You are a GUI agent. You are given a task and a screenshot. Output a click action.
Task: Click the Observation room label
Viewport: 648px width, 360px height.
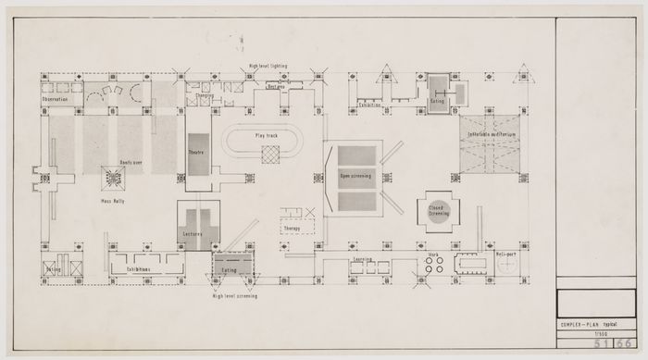(x=57, y=100)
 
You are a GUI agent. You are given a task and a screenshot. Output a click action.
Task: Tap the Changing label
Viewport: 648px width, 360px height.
(x=204, y=95)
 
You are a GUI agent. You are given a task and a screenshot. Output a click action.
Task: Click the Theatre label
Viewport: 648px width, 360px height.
(x=196, y=152)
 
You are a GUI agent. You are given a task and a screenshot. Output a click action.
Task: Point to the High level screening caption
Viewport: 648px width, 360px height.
(x=235, y=296)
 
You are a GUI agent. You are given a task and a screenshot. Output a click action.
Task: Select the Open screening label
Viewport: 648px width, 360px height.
(x=355, y=175)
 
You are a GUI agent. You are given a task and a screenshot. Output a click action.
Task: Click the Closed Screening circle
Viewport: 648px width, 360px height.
(x=439, y=211)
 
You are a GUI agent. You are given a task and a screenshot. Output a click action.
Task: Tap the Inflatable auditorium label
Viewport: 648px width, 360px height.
(x=491, y=134)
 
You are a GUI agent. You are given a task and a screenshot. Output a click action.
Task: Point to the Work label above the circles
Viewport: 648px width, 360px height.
(x=432, y=254)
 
